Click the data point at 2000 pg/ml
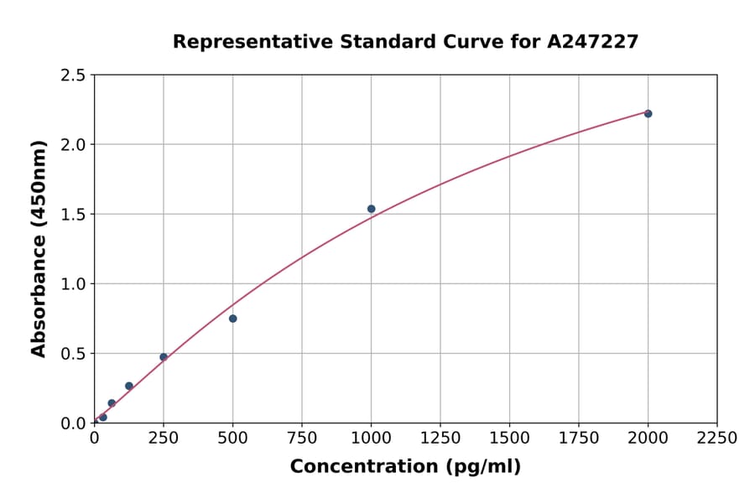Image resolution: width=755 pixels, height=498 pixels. [x=648, y=113]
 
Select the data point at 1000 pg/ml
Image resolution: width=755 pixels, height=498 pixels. [x=371, y=209]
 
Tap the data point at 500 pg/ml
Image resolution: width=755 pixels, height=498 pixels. [x=232, y=319]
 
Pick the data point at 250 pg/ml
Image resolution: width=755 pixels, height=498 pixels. [x=164, y=357]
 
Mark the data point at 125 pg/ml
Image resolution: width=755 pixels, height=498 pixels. [x=129, y=386]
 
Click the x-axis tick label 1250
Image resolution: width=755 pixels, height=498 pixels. [x=440, y=438]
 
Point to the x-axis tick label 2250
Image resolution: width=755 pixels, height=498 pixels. [x=717, y=438]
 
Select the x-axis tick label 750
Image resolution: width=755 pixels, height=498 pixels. [x=302, y=438]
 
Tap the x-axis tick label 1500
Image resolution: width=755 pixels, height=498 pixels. [x=509, y=438]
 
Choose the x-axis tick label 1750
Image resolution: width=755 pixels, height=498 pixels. [x=579, y=438]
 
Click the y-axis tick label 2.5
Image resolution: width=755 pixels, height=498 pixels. [x=74, y=75]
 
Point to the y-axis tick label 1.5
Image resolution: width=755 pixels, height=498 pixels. [x=74, y=215]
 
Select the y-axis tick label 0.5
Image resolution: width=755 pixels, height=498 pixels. [x=74, y=354]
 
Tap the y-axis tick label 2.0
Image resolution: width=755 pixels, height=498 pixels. [x=74, y=145]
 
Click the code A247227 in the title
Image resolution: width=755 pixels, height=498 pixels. [x=593, y=41]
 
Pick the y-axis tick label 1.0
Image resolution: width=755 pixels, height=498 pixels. [x=74, y=284]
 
